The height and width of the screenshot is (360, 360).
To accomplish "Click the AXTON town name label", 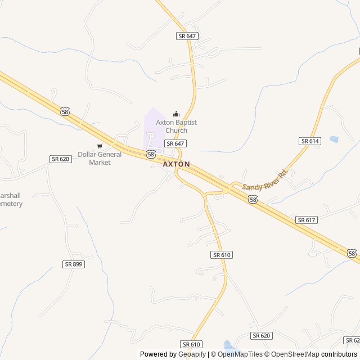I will click(x=176, y=164).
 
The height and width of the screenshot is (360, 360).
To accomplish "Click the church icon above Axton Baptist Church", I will click(x=176, y=114).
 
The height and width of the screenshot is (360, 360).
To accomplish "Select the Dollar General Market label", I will click(x=100, y=158).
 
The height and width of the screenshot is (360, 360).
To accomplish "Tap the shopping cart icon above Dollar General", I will click(x=100, y=146).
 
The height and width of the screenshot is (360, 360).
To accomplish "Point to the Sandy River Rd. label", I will click(x=265, y=179).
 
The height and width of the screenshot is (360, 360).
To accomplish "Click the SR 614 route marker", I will click(x=310, y=141).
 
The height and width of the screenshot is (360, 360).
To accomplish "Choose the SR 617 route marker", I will click(x=306, y=220).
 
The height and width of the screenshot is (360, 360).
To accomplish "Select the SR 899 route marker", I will click(x=74, y=264).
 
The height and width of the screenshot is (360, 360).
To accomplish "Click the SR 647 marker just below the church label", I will click(x=175, y=143).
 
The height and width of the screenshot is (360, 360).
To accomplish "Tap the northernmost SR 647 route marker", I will click(x=187, y=35).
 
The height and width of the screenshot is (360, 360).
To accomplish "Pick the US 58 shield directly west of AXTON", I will click(x=150, y=154).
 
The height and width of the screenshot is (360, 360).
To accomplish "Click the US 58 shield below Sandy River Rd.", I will click(x=253, y=199).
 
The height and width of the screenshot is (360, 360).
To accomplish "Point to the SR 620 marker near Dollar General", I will click(x=61, y=159).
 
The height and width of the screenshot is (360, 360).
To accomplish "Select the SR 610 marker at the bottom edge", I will click(x=191, y=344).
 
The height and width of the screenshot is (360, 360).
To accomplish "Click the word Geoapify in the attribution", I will click(x=192, y=354).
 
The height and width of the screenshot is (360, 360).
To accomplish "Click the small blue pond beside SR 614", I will click(x=334, y=138).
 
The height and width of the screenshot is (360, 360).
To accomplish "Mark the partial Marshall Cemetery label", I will click(x=11, y=199).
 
